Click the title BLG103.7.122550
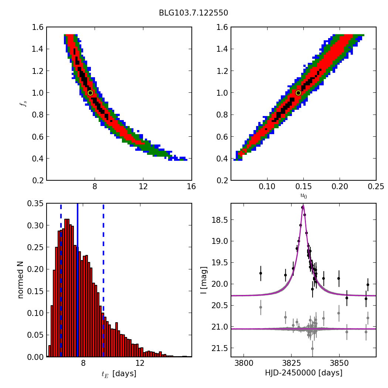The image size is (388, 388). point(193,13)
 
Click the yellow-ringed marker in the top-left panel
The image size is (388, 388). point(90,93)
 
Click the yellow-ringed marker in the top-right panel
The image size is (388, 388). point(298,93)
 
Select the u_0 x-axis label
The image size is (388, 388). point(303,196)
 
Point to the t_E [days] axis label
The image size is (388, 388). point(119,374)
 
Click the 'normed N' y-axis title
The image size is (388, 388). point(21,280)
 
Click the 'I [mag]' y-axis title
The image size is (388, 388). point(203,280)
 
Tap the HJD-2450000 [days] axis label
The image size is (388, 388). point(303,373)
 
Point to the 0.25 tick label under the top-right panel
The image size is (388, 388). point(376,187)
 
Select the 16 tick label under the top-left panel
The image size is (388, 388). point(191,187)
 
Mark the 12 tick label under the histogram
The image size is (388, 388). point(140,363)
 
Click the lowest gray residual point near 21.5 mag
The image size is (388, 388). point(312,348)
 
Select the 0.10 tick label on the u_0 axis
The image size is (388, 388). point(267,187)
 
